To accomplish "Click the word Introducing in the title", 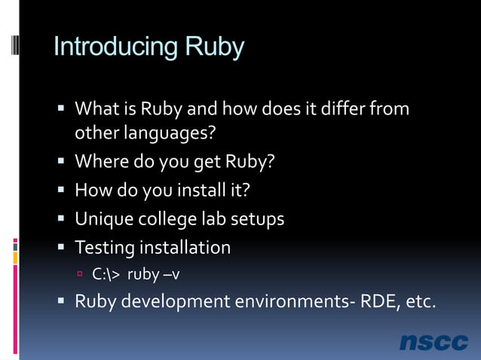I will pos(109,47).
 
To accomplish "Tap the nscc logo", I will pos(434,342).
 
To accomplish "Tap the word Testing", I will pos(105,248).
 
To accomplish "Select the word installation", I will pos(185,248).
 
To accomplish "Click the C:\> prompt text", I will pos(106,274).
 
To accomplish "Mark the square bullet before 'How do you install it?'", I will pos(63,190).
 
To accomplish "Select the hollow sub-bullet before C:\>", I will pos(81,275).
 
